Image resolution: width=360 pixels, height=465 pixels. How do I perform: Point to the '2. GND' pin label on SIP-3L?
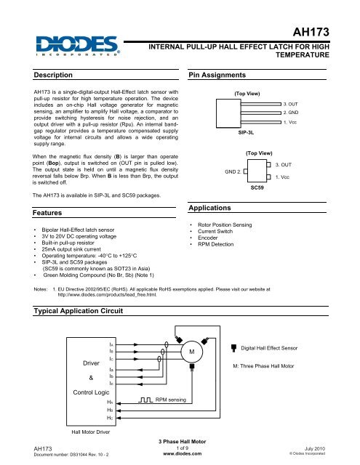coord(293,113)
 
